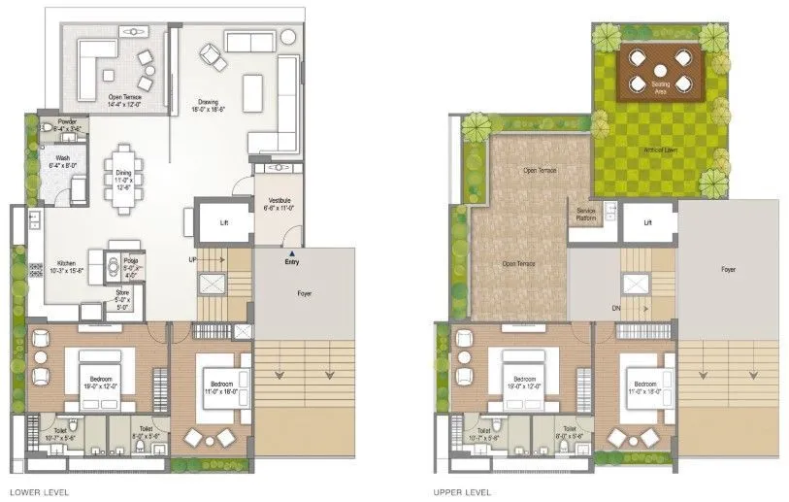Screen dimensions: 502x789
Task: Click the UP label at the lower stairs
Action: (x=194, y=260)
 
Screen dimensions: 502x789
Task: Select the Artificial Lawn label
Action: (x=661, y=150)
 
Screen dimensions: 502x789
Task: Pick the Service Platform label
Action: (x=585, y=214)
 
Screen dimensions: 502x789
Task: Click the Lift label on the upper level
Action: (x=648, y=223)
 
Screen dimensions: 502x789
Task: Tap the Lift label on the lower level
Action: (x=224, y=222)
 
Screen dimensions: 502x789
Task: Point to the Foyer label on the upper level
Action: (x=728, y=269)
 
